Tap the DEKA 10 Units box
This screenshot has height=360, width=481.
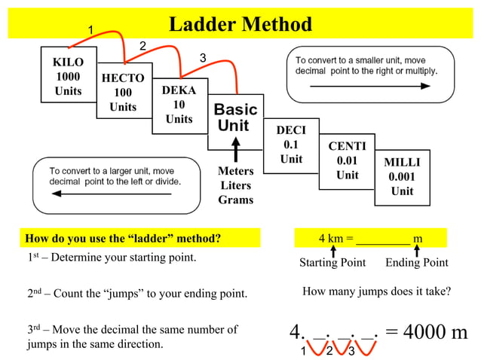[179, 105]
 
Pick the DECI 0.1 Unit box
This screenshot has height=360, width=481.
[291, 145]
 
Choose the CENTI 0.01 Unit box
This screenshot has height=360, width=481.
[347, 160]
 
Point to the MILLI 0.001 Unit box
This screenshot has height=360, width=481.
[402, 176]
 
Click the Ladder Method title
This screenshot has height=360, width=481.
[240, 24]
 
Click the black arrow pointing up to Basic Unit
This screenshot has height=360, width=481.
[236, 148]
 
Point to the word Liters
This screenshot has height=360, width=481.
[236, 185]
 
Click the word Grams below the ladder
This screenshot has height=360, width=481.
[236, 200]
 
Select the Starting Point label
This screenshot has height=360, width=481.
[332, 263]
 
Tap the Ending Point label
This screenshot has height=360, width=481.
[417, 263]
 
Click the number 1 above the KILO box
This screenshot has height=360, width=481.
[90, 29]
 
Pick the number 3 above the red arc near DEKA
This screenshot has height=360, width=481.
[202, 58]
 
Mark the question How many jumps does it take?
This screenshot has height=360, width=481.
[376, 291]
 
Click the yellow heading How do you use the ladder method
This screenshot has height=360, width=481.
[124, 239]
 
